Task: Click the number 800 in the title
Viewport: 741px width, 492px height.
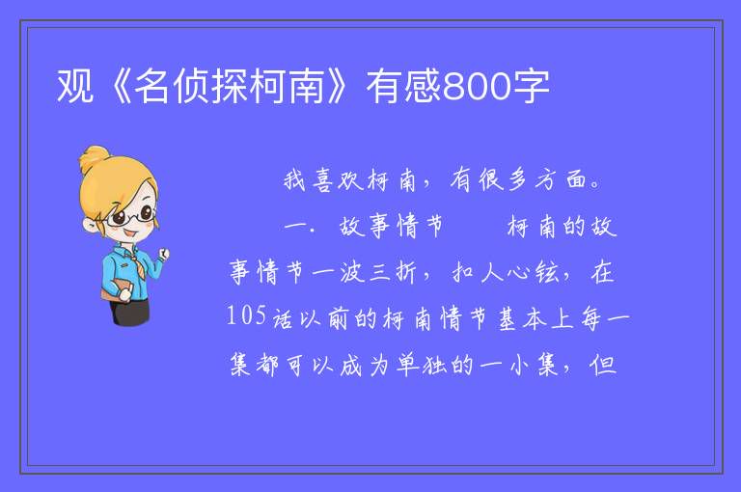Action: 477,87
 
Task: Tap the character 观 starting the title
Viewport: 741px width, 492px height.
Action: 74,86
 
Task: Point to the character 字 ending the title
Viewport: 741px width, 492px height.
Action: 531,86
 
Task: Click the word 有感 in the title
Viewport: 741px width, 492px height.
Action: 403,86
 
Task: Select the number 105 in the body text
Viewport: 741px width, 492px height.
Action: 246,314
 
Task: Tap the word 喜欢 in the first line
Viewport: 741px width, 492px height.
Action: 338,180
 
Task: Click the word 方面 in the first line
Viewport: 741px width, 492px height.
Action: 562,179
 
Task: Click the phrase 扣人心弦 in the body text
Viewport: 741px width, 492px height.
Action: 505,272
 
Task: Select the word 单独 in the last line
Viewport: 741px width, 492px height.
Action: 421,365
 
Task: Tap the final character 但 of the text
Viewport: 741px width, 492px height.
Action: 603,365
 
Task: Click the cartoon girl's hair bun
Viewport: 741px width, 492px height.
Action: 94,158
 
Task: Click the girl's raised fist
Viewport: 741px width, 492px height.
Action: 164,255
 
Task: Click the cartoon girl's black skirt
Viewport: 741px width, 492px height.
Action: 129,312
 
